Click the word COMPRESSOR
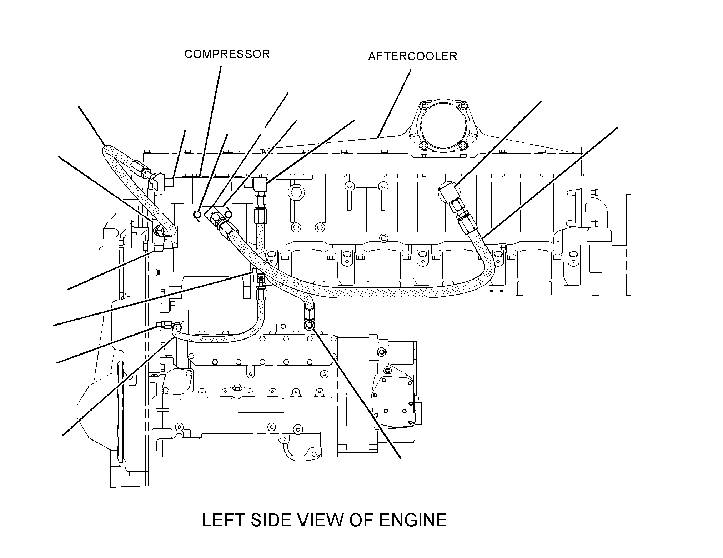pos(227,54)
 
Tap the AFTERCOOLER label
pos(412,56)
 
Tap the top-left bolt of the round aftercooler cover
pos(424,106)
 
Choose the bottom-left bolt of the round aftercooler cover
pos(424,145)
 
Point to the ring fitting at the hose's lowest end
pos(309,326)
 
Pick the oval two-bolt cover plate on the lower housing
pos(177,381)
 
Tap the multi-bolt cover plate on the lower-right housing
pos(393,400)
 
